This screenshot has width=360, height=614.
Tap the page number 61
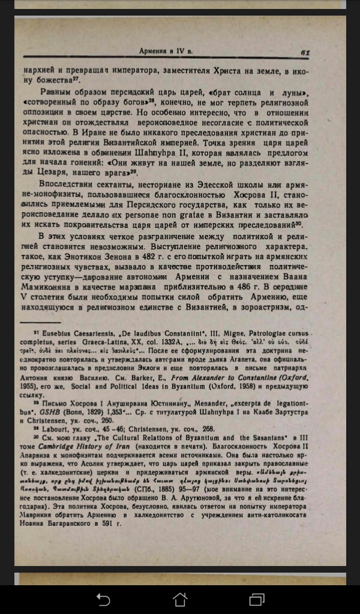305,52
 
